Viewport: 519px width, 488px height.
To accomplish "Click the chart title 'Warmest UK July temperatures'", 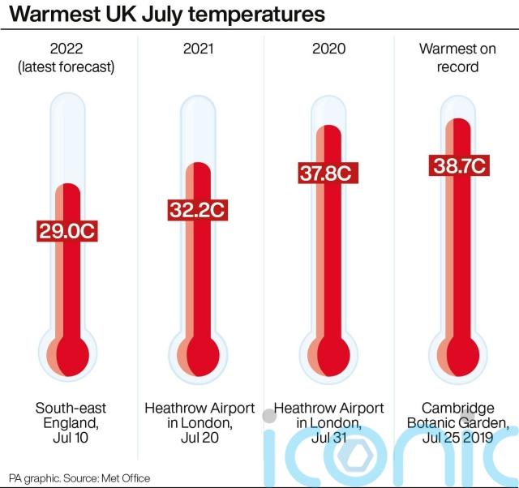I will pyautogui.click(x=167, y=15).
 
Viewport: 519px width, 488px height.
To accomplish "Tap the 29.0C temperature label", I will pyautogui.click(x=67, y=230).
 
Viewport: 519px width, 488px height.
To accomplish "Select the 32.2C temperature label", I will pyautogui.click(x=197, y=210).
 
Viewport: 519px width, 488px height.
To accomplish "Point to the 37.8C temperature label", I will pyautogui.click(x=328, y=173).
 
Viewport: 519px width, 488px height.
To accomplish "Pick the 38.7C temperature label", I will pyautogui.click(x=458, y=165).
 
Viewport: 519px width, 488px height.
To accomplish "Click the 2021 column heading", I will pyautogui.click(x=199, y=49).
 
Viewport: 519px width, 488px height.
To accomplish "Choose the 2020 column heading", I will pyautogui.click(x=328, y=49).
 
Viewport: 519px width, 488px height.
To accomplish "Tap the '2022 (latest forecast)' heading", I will pyautogui.click(x=66, y=58).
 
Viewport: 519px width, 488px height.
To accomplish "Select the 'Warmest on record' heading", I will pyautogui.click(x=458, y=58).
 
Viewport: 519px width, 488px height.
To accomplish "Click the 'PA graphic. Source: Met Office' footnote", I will pyautogui.click(x=79, y=478).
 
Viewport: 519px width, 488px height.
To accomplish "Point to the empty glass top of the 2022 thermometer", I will pyautogui.click(x=68, y=138).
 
